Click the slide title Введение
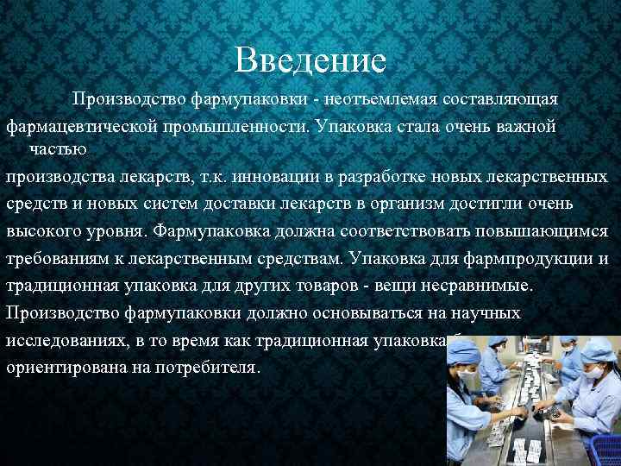tap(310, 60)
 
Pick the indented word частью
tap(58, 148)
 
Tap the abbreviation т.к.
tap(214, 178)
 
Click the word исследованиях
tap(66, 340)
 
